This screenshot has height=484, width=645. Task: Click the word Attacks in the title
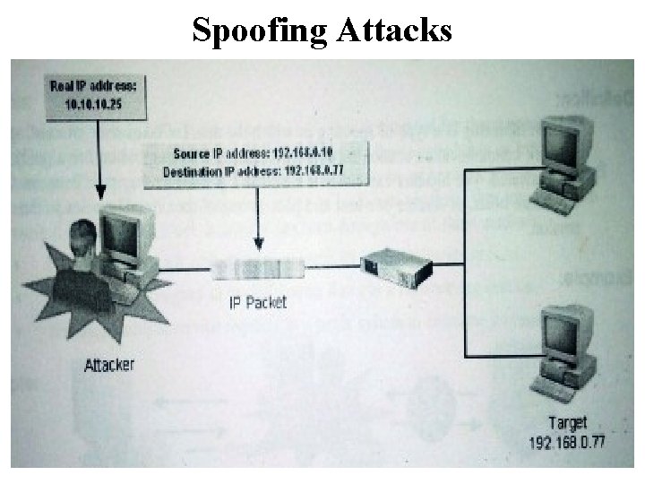click(x=394, y=30)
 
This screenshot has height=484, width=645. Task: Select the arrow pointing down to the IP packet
click(x=259, y=215)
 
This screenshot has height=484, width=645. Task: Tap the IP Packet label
click(x=256, y=302)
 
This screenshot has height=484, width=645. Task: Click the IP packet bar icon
click(x=258, y=267)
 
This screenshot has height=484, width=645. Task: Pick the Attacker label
click(x=109, y=365)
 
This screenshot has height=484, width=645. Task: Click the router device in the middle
click(x=395, y=265)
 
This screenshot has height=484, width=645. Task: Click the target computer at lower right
click(x=562, y=352)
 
